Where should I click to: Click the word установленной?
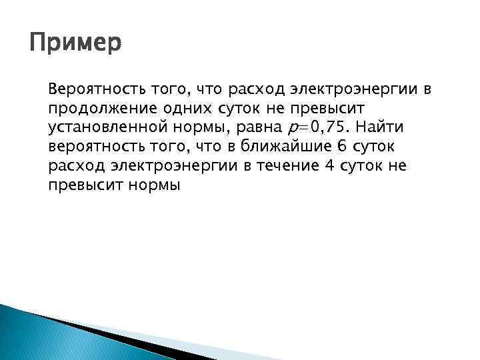pos(100,127)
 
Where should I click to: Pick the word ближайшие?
pos(263,146)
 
